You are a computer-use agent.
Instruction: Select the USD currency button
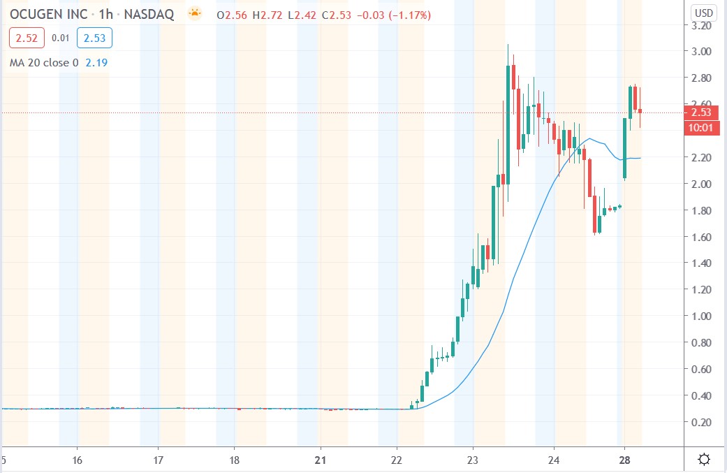pyautogui.click(x=703, y=13)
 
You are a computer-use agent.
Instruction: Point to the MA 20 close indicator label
pyautogui.click(x=44, y=63)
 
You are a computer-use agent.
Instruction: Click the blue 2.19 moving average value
pyautogui.click(x=96, y=63)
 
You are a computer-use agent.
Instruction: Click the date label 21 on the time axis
pyautogui.click(x=321, y=460)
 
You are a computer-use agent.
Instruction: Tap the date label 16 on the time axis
pyautogui.click(x=78, y=460)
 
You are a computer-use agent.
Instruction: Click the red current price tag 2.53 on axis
pyautogui.click(x=701, y=112)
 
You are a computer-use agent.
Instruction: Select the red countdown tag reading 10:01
pyautogui.click(x=701, y=126)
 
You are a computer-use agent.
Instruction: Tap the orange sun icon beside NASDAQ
pyautogui.click(x=194, y=13)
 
